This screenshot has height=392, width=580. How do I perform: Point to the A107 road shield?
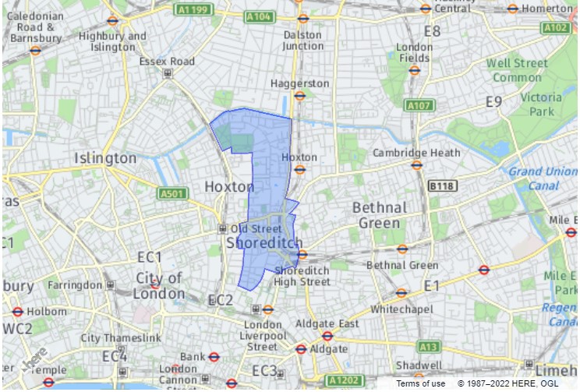(x=419, y=104)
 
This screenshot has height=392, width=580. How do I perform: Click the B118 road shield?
(x=441, y=186)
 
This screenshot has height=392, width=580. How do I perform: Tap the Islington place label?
(x=105, y=158)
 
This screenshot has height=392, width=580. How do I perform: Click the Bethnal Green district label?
(x=380, y=215)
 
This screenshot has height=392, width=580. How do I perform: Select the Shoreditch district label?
(x=263, y=243)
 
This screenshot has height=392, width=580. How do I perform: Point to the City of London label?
(x=159, y=285)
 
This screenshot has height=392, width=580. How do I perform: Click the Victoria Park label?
(x=541, y=104)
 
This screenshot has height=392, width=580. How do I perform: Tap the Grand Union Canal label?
(x=544, y=178)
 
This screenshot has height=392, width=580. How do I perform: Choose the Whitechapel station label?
(x=401, y=309)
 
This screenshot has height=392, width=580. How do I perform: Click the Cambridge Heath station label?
(x=416, y=153)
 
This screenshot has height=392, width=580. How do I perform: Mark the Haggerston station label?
(x=299, y=83)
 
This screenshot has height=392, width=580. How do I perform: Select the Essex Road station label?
(x=167, y=62)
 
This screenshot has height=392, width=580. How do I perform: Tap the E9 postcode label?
(x=493, y=101)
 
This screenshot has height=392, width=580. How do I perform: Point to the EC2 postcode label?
(x=221, y=300)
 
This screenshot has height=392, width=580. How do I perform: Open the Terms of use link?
(x=420, y=383)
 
